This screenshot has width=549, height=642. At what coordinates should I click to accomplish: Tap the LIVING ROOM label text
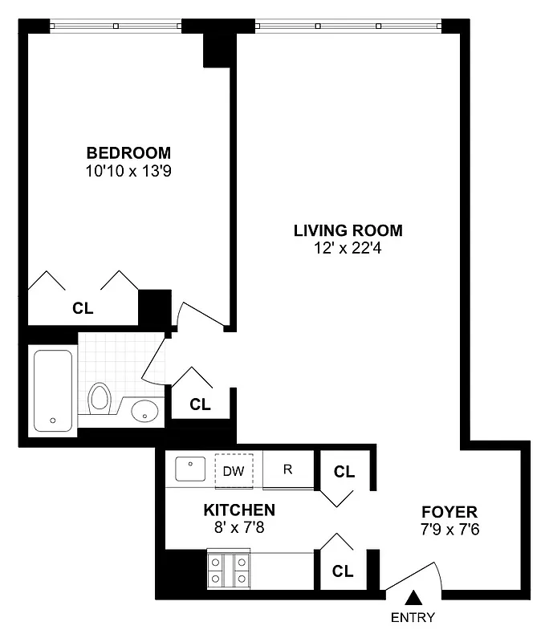348,231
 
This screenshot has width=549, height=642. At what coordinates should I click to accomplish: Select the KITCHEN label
239,510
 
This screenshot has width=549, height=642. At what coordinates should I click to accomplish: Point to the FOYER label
449,512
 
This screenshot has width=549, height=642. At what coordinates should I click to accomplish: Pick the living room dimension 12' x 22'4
348,249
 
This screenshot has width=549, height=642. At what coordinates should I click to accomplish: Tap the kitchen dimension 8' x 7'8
239,528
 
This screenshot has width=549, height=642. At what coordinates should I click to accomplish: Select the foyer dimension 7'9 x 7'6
449,530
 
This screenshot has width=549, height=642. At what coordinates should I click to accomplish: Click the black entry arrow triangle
414,597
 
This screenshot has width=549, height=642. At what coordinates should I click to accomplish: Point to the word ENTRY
413,618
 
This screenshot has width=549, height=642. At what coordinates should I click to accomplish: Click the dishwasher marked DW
234,470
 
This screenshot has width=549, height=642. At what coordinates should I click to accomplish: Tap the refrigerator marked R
287,469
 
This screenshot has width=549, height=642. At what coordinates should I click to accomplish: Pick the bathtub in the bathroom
54,391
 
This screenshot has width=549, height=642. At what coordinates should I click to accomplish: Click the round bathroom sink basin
145,411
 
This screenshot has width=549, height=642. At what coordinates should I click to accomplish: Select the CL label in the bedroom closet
83,307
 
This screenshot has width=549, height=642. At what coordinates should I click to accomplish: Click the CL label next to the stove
344,571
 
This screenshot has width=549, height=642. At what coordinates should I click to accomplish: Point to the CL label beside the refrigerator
344,472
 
